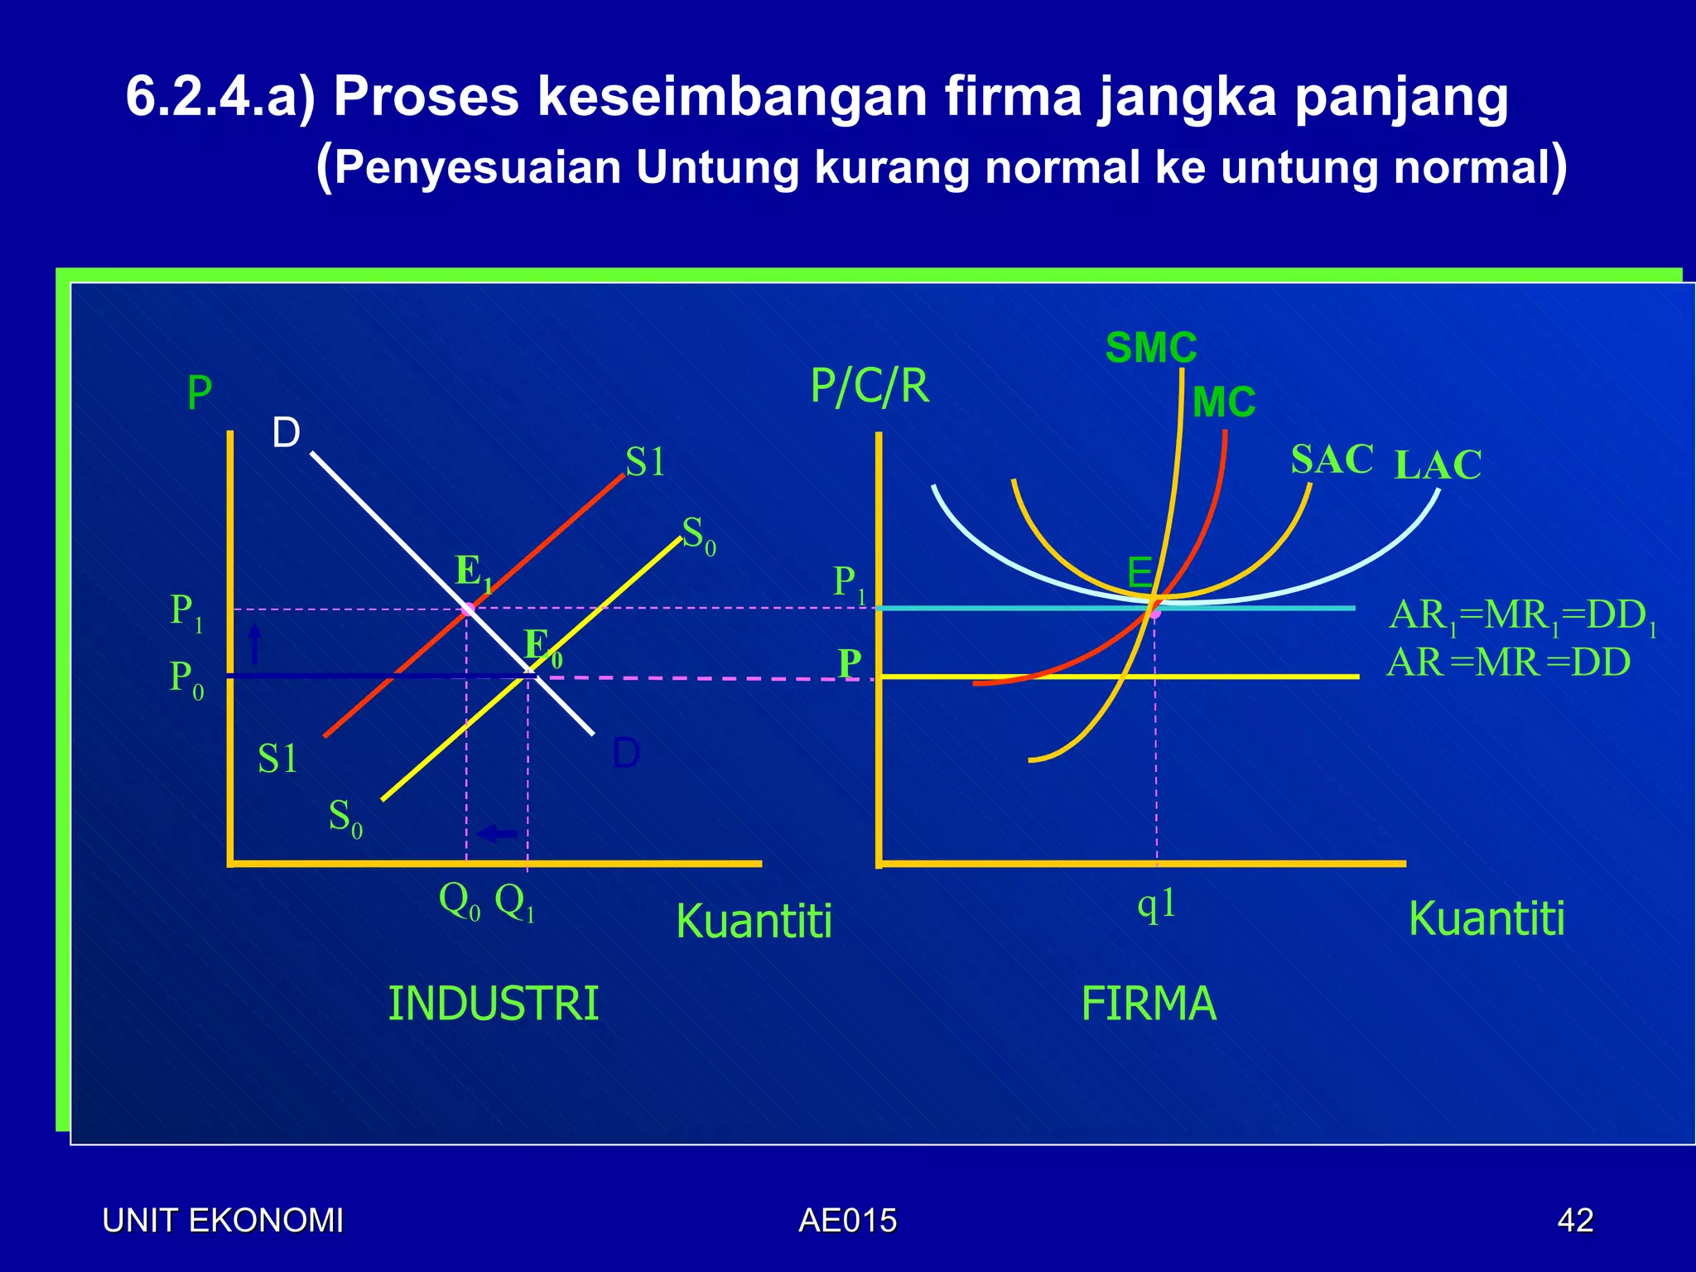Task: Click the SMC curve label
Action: tap(1151, 348)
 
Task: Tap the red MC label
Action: tap(1224, 402)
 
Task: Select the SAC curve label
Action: tap(1332, 459)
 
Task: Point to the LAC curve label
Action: tap(1438, 465)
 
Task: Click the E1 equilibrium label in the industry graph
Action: tap(475, 572)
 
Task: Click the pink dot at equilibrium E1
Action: tap(468, 609)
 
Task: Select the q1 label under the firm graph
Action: tap(1157, 904)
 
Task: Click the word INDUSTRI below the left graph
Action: tap(494, 1004)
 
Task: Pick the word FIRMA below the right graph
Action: tap(1149, 1004)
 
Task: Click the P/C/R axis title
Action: tap(870, 386)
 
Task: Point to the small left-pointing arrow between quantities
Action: tap(498, 834)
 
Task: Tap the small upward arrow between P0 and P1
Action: tap(255, 643)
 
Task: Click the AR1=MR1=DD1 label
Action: tap(1522, 617)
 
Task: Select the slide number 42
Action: tap(1575, 1221)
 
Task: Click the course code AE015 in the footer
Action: tap(847, 1221)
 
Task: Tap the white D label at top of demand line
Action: tap(287, 433)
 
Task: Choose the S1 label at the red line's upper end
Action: tap(645, 462)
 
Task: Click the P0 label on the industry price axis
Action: tap(186, 679)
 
